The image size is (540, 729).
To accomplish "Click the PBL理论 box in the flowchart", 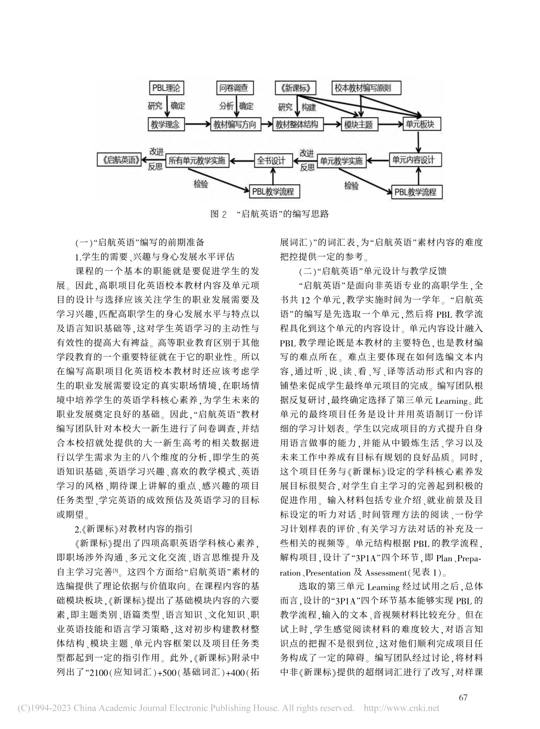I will click(166, 88).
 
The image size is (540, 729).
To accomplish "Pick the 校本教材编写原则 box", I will click(366, 88).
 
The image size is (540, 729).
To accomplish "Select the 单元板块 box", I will click(418, 123).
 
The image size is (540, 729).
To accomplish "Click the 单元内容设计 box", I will click(415, 160).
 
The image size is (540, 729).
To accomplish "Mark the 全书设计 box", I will click(270, 160).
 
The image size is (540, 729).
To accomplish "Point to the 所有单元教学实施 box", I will click(197, 161).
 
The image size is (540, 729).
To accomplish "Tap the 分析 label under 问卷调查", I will click(226, 106).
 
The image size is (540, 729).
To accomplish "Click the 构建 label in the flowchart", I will click(309, 106).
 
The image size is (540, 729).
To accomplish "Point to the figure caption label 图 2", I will click(218, 214).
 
